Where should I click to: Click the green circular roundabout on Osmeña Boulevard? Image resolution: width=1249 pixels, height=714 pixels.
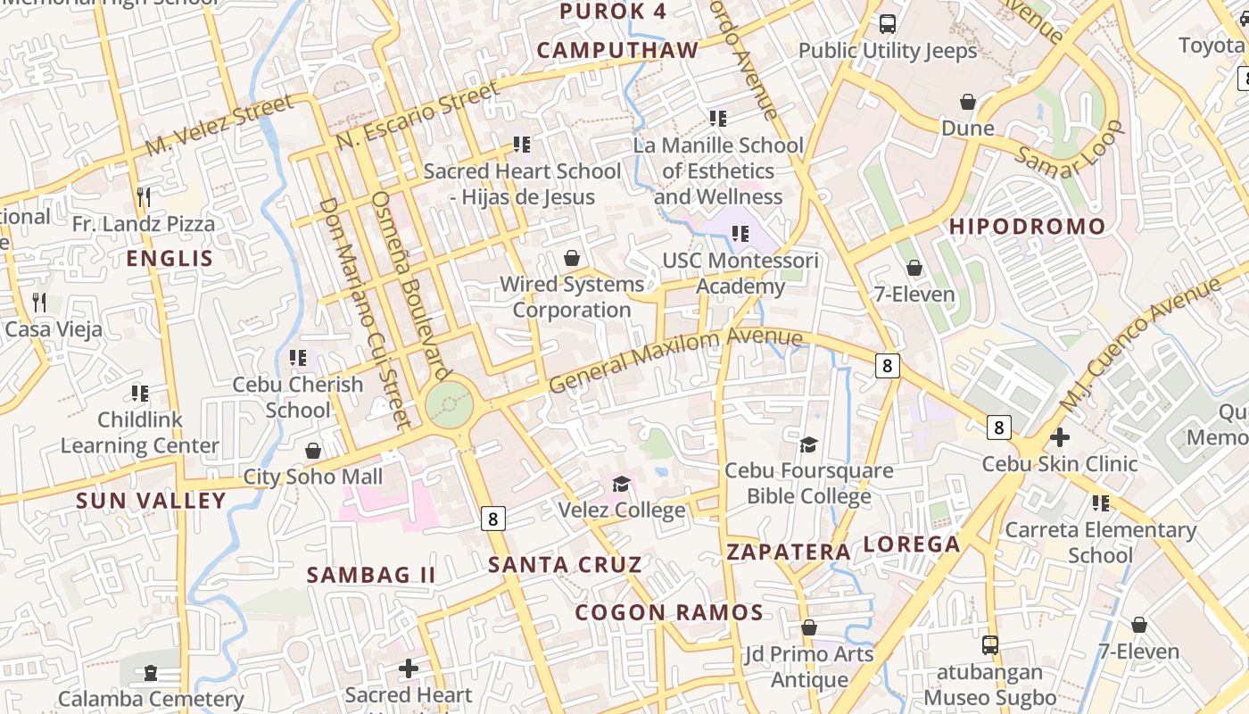pyautogui.click(x=449, y=406)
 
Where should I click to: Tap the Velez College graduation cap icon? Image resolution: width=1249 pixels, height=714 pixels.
pyautogui.click(x=621, y=485)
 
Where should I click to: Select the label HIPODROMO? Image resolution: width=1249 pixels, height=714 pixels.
pyautogui.click(x=1027, y=227)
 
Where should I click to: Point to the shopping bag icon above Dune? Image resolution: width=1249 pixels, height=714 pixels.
pyautogui.click(x=968, y=103)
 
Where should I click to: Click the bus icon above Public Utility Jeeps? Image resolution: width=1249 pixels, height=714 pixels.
pyautogui.click(x=887, y=25)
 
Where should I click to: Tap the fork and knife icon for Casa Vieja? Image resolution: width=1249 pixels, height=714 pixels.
pyautogui.click(x=39, y=303)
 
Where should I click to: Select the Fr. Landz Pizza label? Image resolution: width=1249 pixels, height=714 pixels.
pyautogui.click(x=144, y=224)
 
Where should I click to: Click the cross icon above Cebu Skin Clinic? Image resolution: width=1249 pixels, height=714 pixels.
pyautogui.click(x=1059, y=438)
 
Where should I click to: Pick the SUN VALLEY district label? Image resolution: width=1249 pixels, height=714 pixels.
pyautogui.click(x=151, y=501)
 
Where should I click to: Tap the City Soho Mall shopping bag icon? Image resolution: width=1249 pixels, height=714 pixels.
pyautogui.click(x=312, y=451)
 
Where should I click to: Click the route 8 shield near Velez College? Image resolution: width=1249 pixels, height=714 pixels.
pyautogui.click(x=493, y=518)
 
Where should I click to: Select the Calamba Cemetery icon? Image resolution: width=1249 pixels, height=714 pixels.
pyautogui.click(x=150, y=672)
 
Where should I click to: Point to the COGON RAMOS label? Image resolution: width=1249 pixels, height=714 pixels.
pyautogui.click(x=668, y=612)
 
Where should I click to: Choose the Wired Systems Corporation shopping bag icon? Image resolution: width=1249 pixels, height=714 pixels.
pyautogui.click(x=571, y=259)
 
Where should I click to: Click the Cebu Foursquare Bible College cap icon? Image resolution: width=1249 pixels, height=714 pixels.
pyautogui.click(x=808, y=444)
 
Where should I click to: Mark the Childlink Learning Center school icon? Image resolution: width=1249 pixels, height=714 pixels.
pyautogui.click(x=139, y=393)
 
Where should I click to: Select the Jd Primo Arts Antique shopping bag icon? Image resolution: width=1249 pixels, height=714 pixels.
pyautogui.click(x=808, y=627)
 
